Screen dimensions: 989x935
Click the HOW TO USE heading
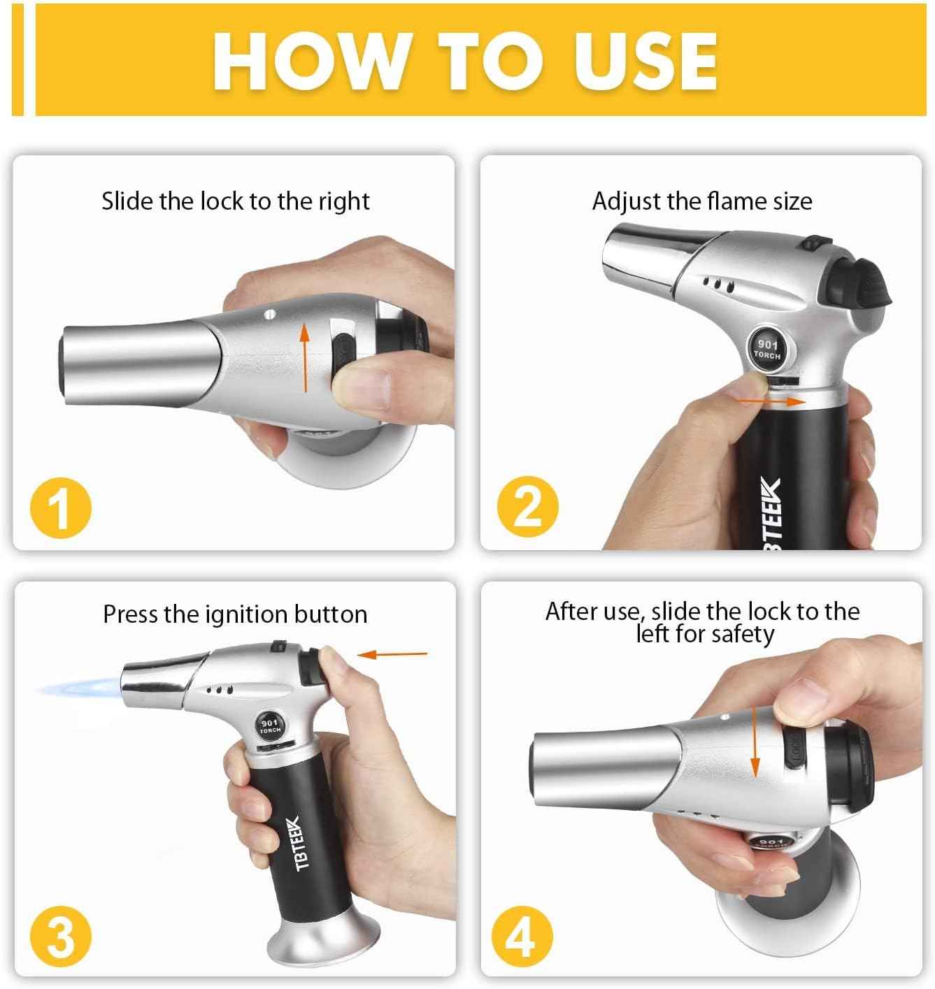465,60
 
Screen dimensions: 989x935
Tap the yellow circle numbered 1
61,508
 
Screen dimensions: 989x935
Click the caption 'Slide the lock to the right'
235,201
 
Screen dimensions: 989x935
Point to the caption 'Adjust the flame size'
701,201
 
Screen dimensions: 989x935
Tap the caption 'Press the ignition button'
235,614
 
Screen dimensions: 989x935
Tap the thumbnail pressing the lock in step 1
366,387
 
